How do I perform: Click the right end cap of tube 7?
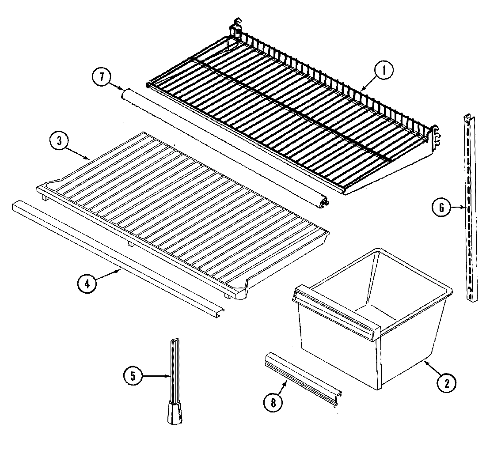[326, 202]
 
